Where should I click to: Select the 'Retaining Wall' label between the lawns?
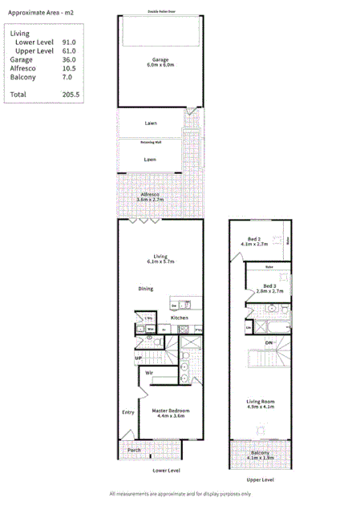click(150, 141)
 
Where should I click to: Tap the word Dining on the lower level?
click(145, 289)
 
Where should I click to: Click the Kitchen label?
click(179, 318)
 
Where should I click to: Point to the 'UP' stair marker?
click(139, 358)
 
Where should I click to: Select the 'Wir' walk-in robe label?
click(149, 373)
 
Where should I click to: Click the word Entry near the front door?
click(127, 412)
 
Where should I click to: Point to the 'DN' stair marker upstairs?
click(269, 342)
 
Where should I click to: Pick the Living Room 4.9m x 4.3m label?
click(260, 405)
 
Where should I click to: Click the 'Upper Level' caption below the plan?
click(260, 480)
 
